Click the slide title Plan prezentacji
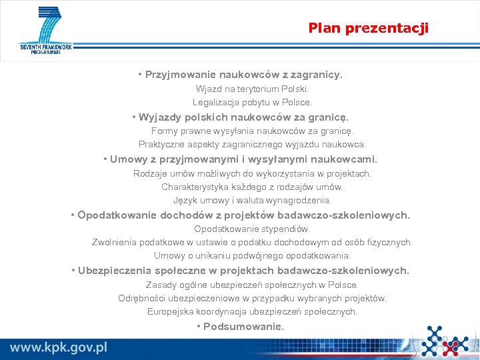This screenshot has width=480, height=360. (368, 28)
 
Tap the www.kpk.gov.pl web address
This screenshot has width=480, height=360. (59, 347)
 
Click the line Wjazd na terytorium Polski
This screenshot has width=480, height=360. (252, 89)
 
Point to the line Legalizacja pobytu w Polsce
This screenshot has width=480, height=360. (252, 103)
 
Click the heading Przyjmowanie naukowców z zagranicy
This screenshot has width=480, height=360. (240, 75)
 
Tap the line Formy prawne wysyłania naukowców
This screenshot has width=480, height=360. (252, 131)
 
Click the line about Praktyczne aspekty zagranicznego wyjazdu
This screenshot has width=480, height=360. (252, 144)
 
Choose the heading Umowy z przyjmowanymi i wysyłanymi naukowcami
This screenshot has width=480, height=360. (240, 159)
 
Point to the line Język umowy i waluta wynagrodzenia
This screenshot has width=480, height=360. (252, 200)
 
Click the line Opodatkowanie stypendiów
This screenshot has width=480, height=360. (252, 229)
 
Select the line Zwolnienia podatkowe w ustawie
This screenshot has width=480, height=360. (252, 242)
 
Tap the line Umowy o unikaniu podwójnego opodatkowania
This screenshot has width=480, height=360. (252, 255)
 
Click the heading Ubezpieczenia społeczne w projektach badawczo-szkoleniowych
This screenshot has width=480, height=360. (240, 271)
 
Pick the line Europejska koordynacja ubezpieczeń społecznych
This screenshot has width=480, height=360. (252, 311)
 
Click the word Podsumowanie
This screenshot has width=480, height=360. (243, 327)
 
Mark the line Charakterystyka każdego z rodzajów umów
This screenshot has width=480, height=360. (252, 187)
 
